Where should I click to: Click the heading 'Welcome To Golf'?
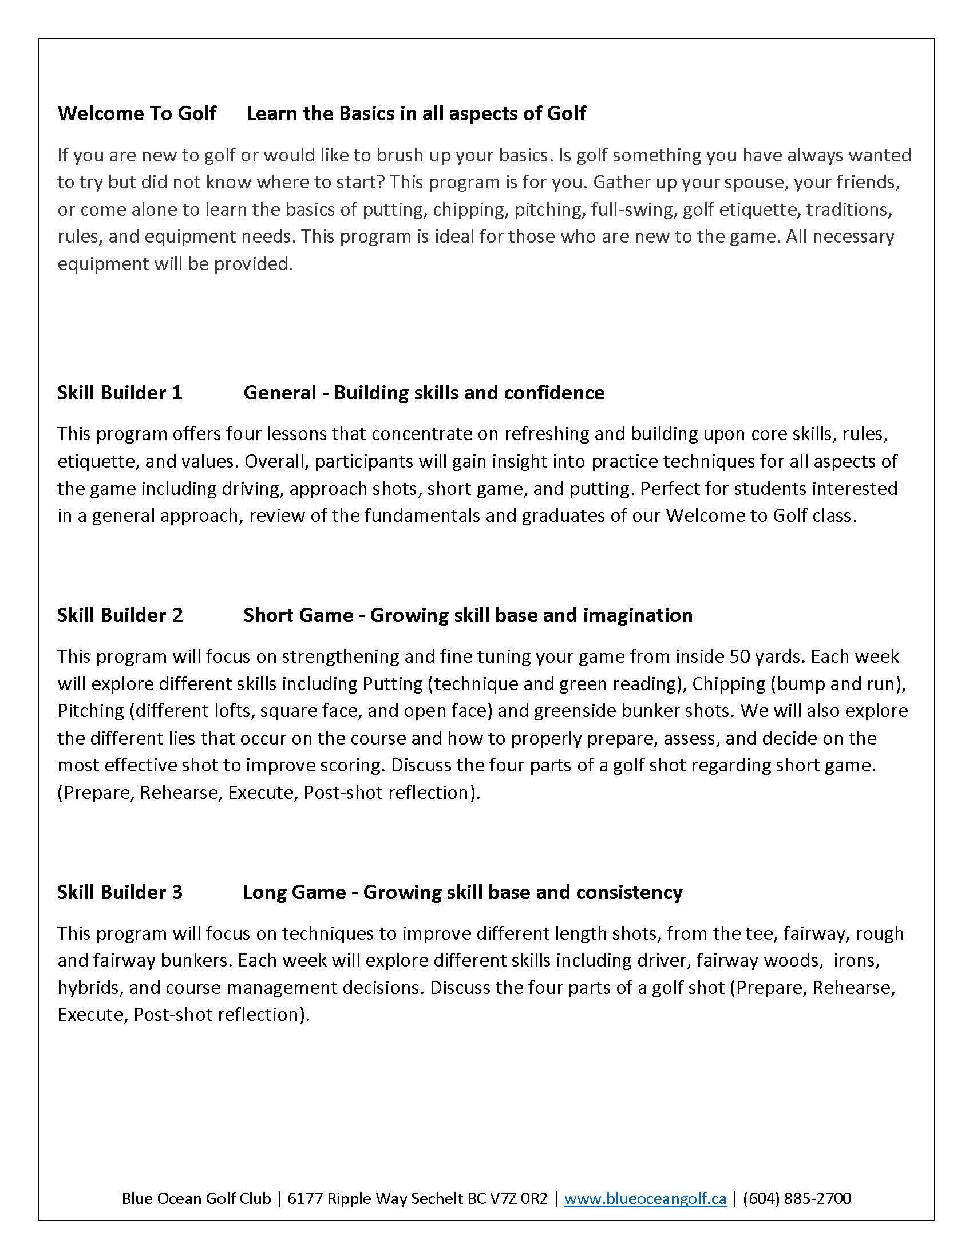pyautogui.click(x=137, y=113)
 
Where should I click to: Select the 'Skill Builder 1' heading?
pyautogui.click(x=119, y=393)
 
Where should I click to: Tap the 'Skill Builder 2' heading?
pyautogui.click(x=119, y=615)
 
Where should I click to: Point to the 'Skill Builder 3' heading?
pyautogui.click(x=119, y=892)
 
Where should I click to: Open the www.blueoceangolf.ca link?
pyautogui.click(x=645, y=1198)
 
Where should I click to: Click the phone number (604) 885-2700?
pyautogui.click(x=797, y=1198)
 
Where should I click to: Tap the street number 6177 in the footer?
pyautogui.click(x=305, y=1198)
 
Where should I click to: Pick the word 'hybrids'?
pyautogui.click(x=88, y=988)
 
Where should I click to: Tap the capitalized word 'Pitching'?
pyautogui.click(x=90, y=710)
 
